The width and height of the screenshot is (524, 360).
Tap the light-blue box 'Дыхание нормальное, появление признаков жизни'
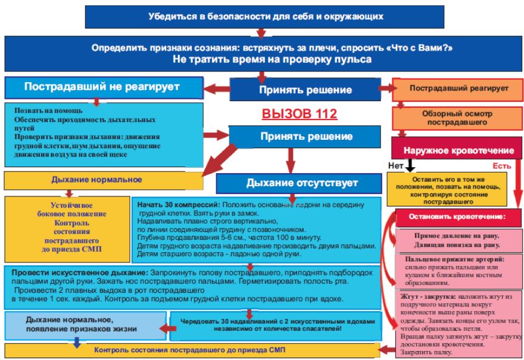(83, 324)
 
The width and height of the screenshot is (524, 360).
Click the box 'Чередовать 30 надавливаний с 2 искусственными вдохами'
(273, 325)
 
